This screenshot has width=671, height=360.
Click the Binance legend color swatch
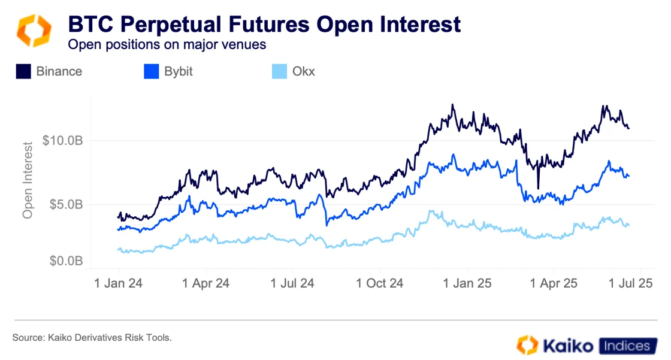[23, 72]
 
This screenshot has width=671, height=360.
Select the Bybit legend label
[179, 72]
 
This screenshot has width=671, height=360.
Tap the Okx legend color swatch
[280, 72]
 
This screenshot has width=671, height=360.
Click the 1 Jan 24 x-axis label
[119, 283]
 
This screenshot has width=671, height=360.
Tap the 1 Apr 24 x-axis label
[205, 283]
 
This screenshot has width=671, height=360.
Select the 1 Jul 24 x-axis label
[294, 283]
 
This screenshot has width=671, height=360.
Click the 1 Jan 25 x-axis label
[468, 283]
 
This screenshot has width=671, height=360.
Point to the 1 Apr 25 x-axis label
[554, 283]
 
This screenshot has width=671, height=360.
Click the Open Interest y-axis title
[28, 179]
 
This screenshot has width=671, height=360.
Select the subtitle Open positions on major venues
[167, 44]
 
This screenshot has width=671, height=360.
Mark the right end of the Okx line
[628, 225]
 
